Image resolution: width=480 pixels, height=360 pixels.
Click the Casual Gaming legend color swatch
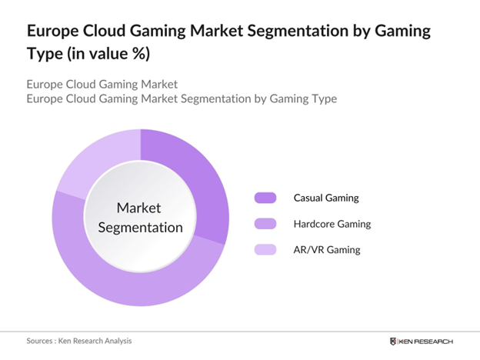tap(265, 198)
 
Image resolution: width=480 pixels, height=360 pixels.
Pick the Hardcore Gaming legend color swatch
tap(265, 224)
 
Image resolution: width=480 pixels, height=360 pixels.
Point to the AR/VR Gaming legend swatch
tap(265, 249)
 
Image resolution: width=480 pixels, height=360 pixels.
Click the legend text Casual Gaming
tap(326, 198)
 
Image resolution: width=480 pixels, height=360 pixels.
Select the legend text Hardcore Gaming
tap(332, 224)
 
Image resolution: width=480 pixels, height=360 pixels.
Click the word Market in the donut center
tap(139, 207)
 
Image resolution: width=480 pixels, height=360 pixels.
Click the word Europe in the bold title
tap(55, 32)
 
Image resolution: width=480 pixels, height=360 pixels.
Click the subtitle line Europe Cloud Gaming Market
tap(102, 84)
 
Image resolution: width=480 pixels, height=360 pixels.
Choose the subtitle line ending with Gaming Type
tap(182, 99)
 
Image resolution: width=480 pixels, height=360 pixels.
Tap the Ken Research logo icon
tap(395, 341)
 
